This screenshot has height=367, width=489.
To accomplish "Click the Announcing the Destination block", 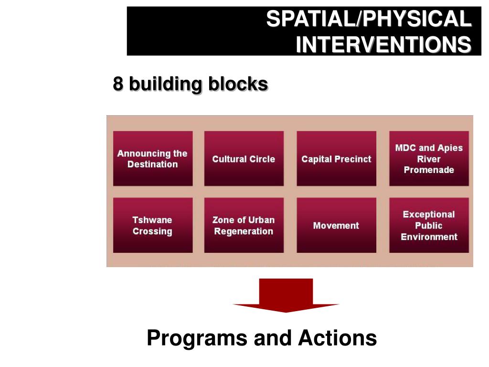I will point(153,159).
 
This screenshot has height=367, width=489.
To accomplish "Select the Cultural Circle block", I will point(244,159).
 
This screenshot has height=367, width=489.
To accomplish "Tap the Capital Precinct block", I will point(336,159).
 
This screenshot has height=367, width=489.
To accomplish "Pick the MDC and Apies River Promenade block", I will point(429,159).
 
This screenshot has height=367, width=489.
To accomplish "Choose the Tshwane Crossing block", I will point(153,226).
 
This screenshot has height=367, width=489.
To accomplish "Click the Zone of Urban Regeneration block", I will point(244,226).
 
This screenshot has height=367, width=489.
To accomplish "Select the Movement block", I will point(336,226).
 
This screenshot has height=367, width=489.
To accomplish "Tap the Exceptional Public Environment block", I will point(429,226).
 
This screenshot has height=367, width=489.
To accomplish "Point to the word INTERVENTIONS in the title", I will point(383,45).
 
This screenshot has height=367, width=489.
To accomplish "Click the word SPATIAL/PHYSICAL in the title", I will point(368,20).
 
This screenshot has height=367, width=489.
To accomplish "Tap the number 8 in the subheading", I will point(118,84).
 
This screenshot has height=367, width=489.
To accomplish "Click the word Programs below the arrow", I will point(197,338).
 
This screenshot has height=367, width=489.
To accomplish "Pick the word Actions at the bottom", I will point(338,338).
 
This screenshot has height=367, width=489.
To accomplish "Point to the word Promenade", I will point(429,170).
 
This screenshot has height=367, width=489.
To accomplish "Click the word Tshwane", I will point(152,220).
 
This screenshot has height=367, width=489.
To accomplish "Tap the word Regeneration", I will point(244,231).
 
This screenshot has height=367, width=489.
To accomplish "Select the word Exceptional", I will point(429,215).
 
